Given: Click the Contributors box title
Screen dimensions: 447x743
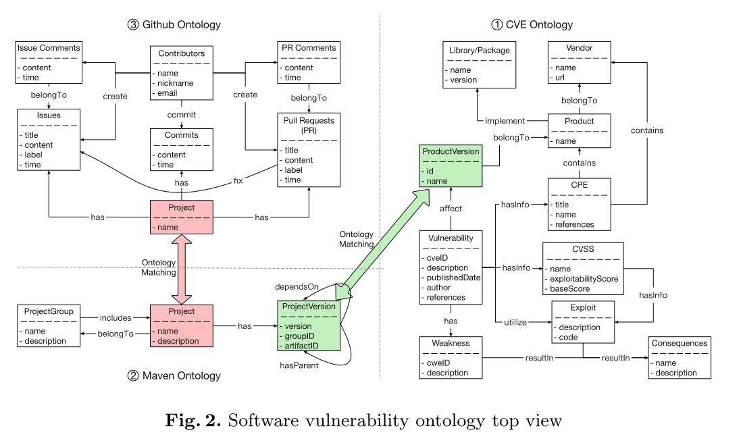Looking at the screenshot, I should click(x=181, y=53).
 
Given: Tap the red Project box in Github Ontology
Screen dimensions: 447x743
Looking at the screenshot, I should click(x=181, y=217).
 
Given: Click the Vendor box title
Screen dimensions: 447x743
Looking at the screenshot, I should click(x=579, y=48).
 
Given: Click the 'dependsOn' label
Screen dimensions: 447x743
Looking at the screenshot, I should click(x=296, y=287).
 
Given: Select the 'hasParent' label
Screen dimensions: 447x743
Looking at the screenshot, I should click(x=299, y=365).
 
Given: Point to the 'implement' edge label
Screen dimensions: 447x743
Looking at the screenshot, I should click(x=505, y=122).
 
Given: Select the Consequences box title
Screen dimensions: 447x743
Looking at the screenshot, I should click(x=680, y=343).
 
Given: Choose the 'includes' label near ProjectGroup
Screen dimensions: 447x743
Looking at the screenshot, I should click(x=115, y=317).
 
